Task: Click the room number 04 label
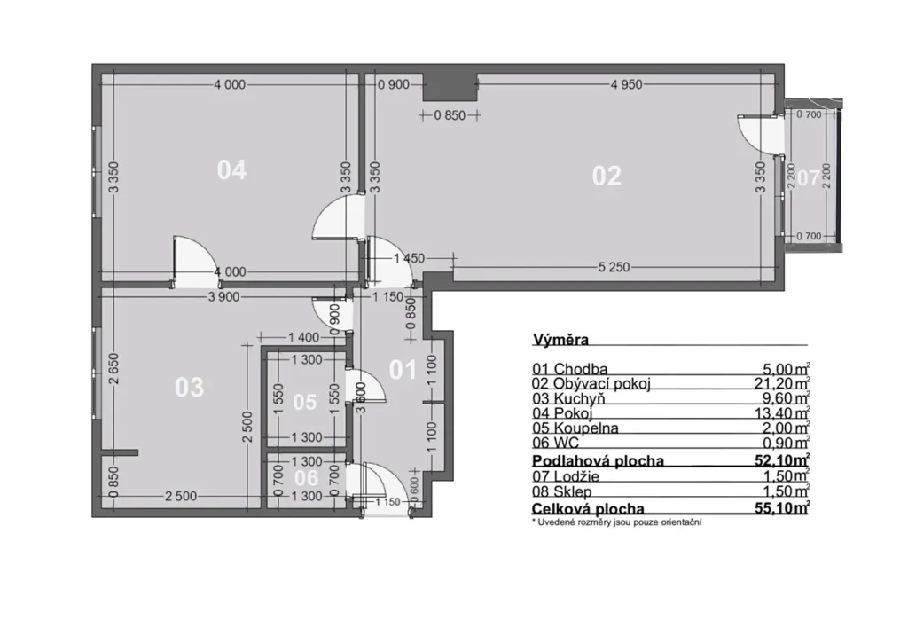231,170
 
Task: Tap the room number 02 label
607,176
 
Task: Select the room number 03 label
190,387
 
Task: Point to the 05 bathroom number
305,402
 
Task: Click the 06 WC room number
306,478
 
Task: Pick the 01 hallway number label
403,370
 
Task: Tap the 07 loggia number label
809,178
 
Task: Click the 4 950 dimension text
626,84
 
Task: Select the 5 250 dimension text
614,267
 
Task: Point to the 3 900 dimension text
223,297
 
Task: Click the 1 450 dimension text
409,258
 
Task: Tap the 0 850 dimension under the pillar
450,115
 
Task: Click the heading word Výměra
560,340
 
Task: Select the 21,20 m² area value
786,383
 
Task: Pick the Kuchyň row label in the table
579,398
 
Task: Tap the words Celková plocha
588,508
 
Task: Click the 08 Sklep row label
561,492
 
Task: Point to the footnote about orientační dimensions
617,522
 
